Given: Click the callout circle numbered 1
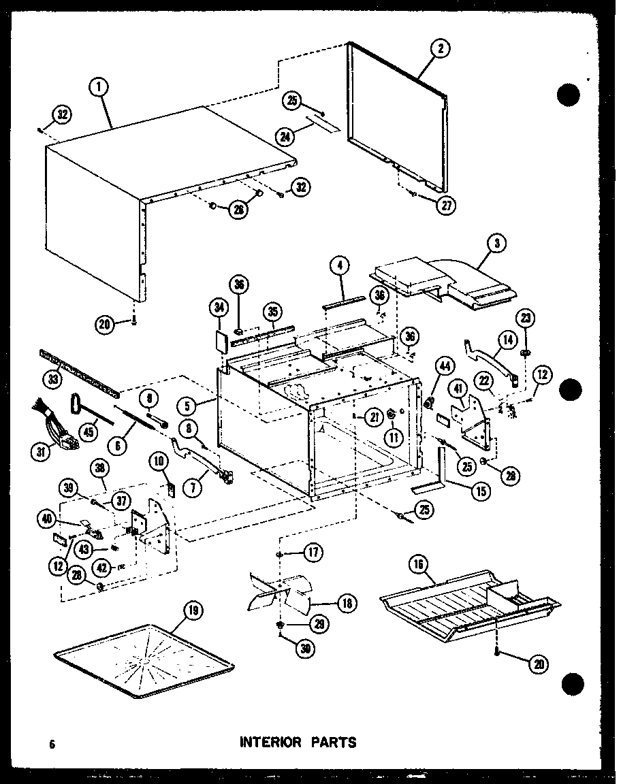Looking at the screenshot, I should click(99, 88).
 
